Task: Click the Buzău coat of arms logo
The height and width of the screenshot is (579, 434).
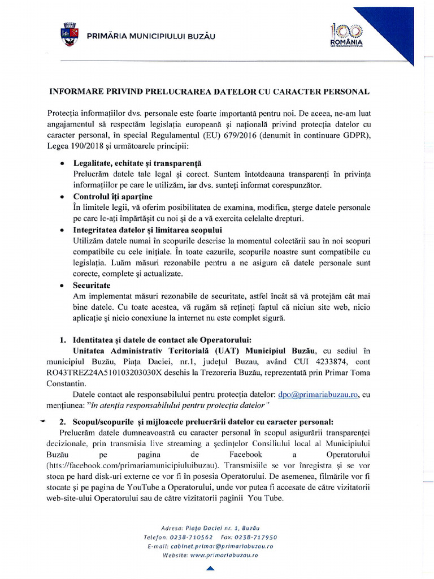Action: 70,34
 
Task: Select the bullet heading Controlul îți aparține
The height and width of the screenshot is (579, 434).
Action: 112,196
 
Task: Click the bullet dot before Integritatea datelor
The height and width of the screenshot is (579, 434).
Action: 62,230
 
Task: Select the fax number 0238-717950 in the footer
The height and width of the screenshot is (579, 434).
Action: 257,537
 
